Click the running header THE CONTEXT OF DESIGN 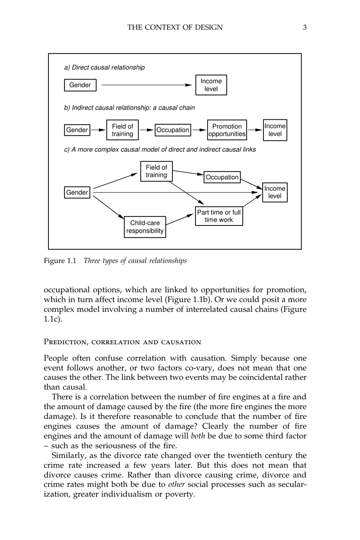[175, 27]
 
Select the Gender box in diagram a [80, 85]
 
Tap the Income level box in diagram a [211, 85]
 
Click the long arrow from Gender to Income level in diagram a [146, 85]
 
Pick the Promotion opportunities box [227, 130]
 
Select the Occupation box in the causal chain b [173, 130]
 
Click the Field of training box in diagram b [122, 130]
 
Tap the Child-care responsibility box [145, 227]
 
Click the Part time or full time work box [219, 216]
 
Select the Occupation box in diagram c [222, 177]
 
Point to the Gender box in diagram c [77, 193]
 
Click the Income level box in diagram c [275, 193]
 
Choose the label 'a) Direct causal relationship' [104, 67]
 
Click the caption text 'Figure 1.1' [60, 261]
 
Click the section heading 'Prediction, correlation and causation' [122, 342]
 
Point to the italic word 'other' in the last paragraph [176, 484]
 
